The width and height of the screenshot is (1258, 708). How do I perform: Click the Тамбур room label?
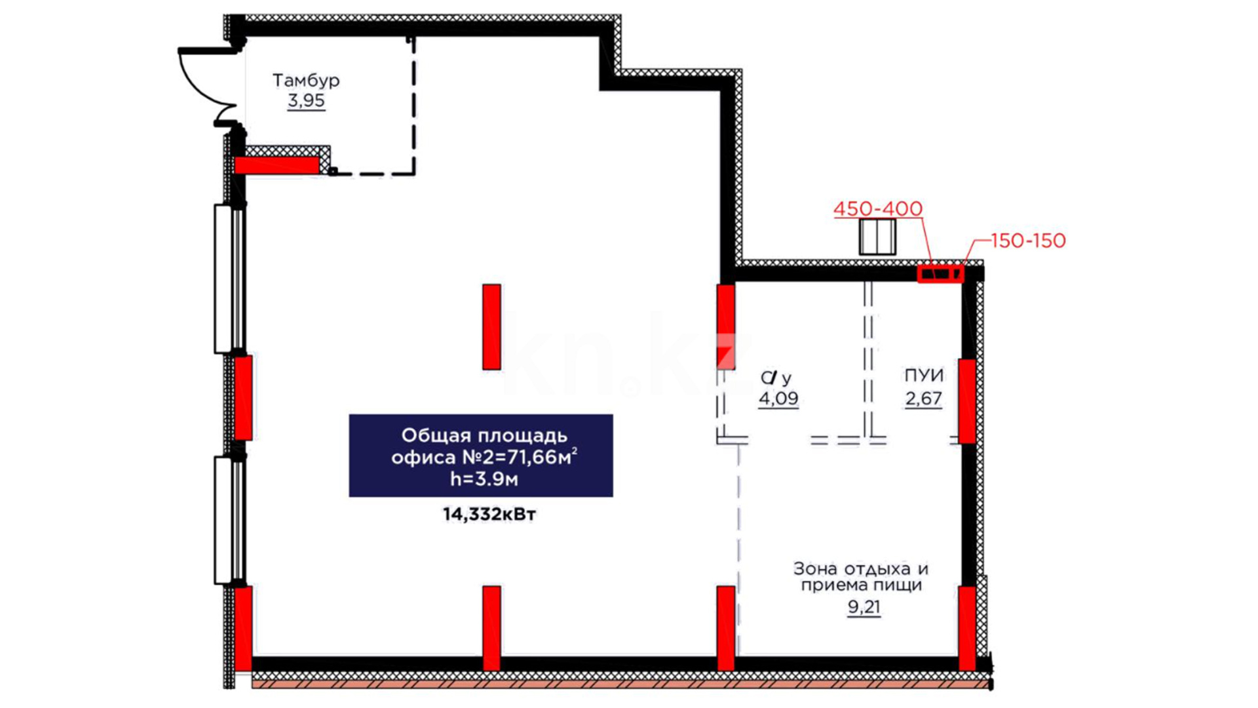306,81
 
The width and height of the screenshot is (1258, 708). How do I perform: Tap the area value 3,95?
306,101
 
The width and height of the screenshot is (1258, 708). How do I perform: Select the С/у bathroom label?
776,378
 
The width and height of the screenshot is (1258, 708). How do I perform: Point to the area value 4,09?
778,398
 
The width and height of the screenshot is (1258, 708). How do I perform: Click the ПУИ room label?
924,376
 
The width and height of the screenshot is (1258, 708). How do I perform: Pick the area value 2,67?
924,398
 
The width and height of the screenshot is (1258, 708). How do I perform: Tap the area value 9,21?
864,607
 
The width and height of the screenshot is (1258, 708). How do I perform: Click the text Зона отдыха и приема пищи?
861,577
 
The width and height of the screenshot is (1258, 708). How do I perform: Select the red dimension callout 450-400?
878,209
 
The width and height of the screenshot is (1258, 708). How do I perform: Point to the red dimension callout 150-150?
1028,241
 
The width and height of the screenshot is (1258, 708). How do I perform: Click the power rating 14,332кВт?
489,515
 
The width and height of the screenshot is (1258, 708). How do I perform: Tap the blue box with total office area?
481,456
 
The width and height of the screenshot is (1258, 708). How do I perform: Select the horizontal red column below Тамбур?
277,165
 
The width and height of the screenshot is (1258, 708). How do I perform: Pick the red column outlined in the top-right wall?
940,273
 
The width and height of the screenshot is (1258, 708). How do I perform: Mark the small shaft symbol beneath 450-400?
877,237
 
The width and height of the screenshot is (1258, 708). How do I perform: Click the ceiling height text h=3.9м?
484,479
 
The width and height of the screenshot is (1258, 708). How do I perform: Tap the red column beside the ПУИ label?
967,401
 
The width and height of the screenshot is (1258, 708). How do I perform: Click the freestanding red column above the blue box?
491,326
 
